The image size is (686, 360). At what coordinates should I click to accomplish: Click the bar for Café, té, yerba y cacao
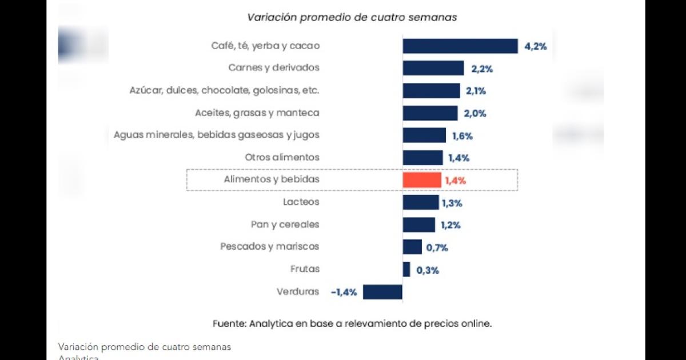click(460, 46)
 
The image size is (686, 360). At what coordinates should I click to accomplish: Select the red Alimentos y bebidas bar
click(422, 180)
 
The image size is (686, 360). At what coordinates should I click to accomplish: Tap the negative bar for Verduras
click(382, 291)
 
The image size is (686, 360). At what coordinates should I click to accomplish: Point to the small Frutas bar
click(406, 270)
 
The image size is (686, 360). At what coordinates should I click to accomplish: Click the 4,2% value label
click(536, 47)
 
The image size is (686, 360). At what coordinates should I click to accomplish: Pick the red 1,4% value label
click(455, 181)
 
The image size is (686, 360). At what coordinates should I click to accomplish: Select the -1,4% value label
click(344, 292)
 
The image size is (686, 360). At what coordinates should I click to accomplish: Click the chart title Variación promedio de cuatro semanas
click(352, 17)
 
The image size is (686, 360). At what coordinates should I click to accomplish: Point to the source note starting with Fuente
click(352, 323)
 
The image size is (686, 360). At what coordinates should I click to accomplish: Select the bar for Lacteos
click(421, 202)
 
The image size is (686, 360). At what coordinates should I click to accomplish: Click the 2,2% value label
click(482, 69)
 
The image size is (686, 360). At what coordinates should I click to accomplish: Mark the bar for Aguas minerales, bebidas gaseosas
click(424, 135)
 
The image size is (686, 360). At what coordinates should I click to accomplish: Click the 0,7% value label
click(437, 248)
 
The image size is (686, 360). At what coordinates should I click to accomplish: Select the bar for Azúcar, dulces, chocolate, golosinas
click(431, 91)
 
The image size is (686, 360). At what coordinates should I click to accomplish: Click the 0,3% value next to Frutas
click(428, 270)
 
